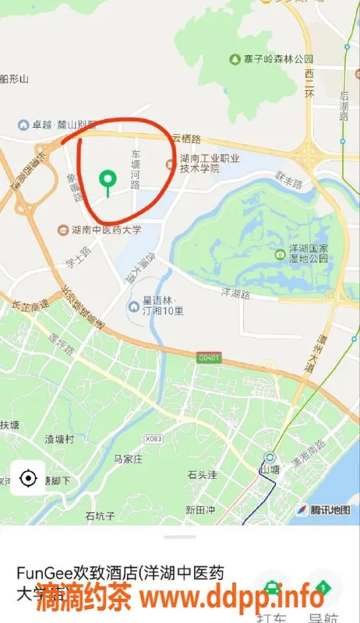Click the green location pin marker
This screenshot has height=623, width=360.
[x=108, y=181]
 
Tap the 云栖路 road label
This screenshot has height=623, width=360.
[x=187, y=139]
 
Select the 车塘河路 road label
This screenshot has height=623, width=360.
[x=136, y=170]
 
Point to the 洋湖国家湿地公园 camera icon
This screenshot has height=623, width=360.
[x=281, y=254]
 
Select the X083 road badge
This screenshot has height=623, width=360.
[x=154, y=438]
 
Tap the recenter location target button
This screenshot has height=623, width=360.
[x=29, y=477]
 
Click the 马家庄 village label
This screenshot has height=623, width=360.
[x=128, y=459]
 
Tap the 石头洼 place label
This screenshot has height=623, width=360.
[x=203, y=473]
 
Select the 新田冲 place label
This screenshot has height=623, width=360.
[x=199, y=510]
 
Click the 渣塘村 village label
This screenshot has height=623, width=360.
[x=59, y=439]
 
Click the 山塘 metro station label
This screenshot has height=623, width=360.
[x=270, y=470]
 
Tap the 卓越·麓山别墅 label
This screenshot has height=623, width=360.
[x=64, y=125]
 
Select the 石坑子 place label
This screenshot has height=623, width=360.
[x=100, y=516]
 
